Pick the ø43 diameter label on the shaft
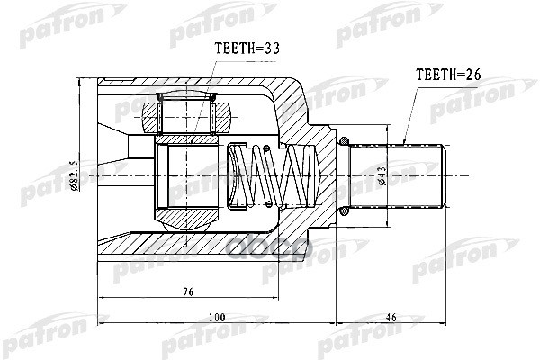[382, 173]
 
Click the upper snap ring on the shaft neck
[346, 139]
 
